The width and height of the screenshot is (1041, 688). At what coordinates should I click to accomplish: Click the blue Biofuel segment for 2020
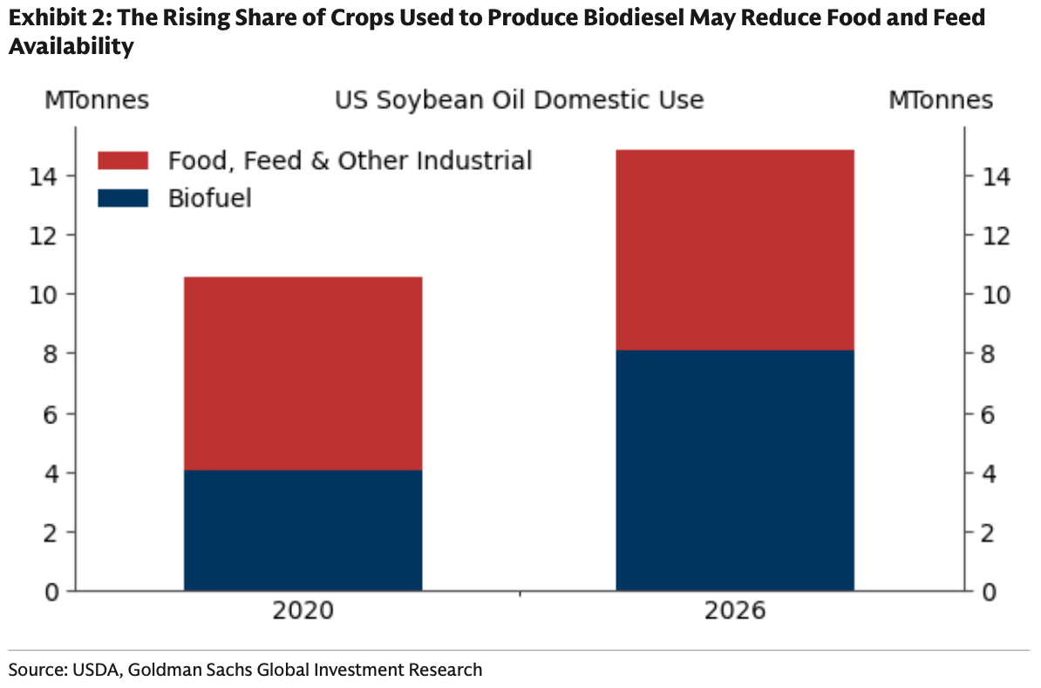click(x=303, y=530)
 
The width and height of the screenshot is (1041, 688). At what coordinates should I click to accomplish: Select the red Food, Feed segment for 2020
click(x=303, y=374)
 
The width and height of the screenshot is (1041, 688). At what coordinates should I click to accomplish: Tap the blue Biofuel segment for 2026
click(x=735, y=470)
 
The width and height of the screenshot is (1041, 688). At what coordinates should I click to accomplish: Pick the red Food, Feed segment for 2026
click(x=735, y=250)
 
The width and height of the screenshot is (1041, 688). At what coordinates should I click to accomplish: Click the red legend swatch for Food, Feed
click(x=123, y=160)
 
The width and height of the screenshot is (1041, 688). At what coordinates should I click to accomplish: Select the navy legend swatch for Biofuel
click(x=123, y=199)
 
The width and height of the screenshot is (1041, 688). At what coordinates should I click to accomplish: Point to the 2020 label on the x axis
click(x=303, y=610)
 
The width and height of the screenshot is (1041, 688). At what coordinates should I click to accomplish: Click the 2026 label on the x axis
click(x=735, y=610)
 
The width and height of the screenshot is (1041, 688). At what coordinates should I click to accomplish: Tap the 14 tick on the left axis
click(x=44, y=177)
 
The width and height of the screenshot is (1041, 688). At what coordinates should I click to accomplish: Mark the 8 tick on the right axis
click(x=988, y=354)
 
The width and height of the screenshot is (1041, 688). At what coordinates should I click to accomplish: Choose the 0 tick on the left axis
click(x=51, y=591)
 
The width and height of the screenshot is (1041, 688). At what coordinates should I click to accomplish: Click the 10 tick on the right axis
click(x=995, y=294)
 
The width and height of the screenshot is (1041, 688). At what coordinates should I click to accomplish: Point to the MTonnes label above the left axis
click(x=97, y=100)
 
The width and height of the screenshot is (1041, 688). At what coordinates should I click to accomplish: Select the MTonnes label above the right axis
click(x=941, y=100)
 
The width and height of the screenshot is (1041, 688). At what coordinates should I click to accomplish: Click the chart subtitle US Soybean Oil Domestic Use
click(x=519, y=100)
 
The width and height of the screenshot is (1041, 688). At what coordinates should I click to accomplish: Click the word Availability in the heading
click(x=71, y=46)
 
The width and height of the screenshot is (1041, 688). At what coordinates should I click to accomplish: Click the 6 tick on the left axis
click(x=51, y=414)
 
